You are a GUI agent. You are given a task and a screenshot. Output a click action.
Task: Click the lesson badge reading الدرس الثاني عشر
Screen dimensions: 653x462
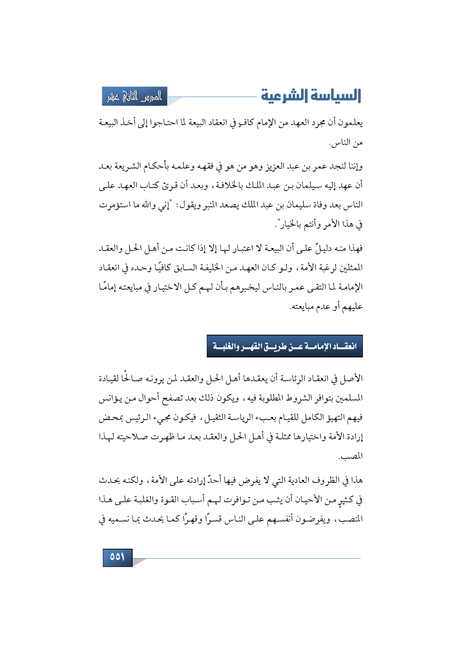(135, 96)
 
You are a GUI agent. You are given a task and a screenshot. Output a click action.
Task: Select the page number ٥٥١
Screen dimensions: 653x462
(117, 557)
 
